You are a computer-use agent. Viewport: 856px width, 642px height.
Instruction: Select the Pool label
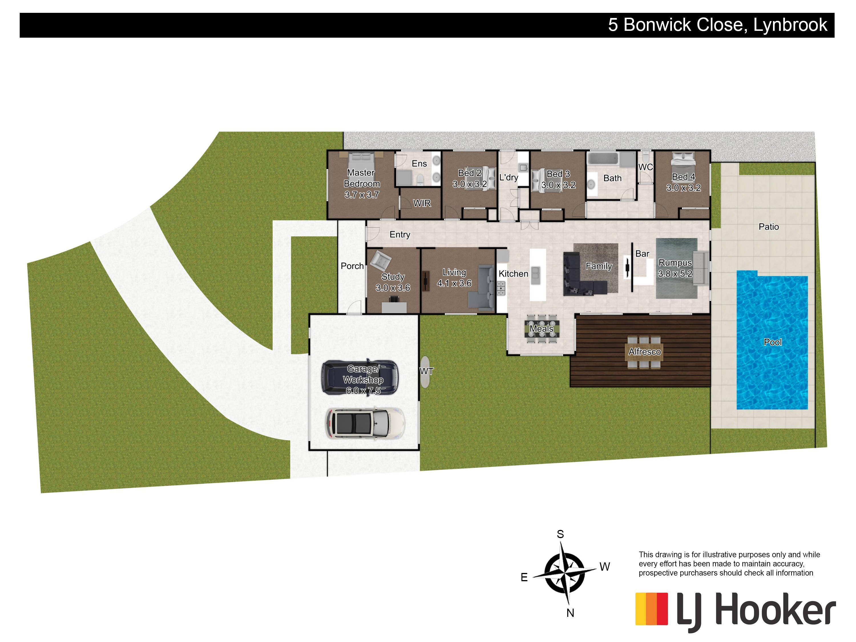pos(772,342)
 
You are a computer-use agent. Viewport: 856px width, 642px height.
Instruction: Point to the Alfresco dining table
pos(644,352)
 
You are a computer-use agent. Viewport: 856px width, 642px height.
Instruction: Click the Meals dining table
pos(542,328)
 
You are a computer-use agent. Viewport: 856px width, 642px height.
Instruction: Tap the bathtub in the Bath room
pos(603,158)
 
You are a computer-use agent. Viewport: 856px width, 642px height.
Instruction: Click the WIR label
pos(422,203)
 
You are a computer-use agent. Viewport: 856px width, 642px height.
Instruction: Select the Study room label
pos(393,277)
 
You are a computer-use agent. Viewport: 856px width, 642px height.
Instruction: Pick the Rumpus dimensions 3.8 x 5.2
pos(675,274)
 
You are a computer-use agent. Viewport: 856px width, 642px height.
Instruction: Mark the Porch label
pos(352,266)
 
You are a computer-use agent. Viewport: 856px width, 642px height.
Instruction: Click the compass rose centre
pos(565,572)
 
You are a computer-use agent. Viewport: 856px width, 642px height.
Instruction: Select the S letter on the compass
pos(560,534)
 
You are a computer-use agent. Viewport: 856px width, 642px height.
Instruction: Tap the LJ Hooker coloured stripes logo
pos(652,609)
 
